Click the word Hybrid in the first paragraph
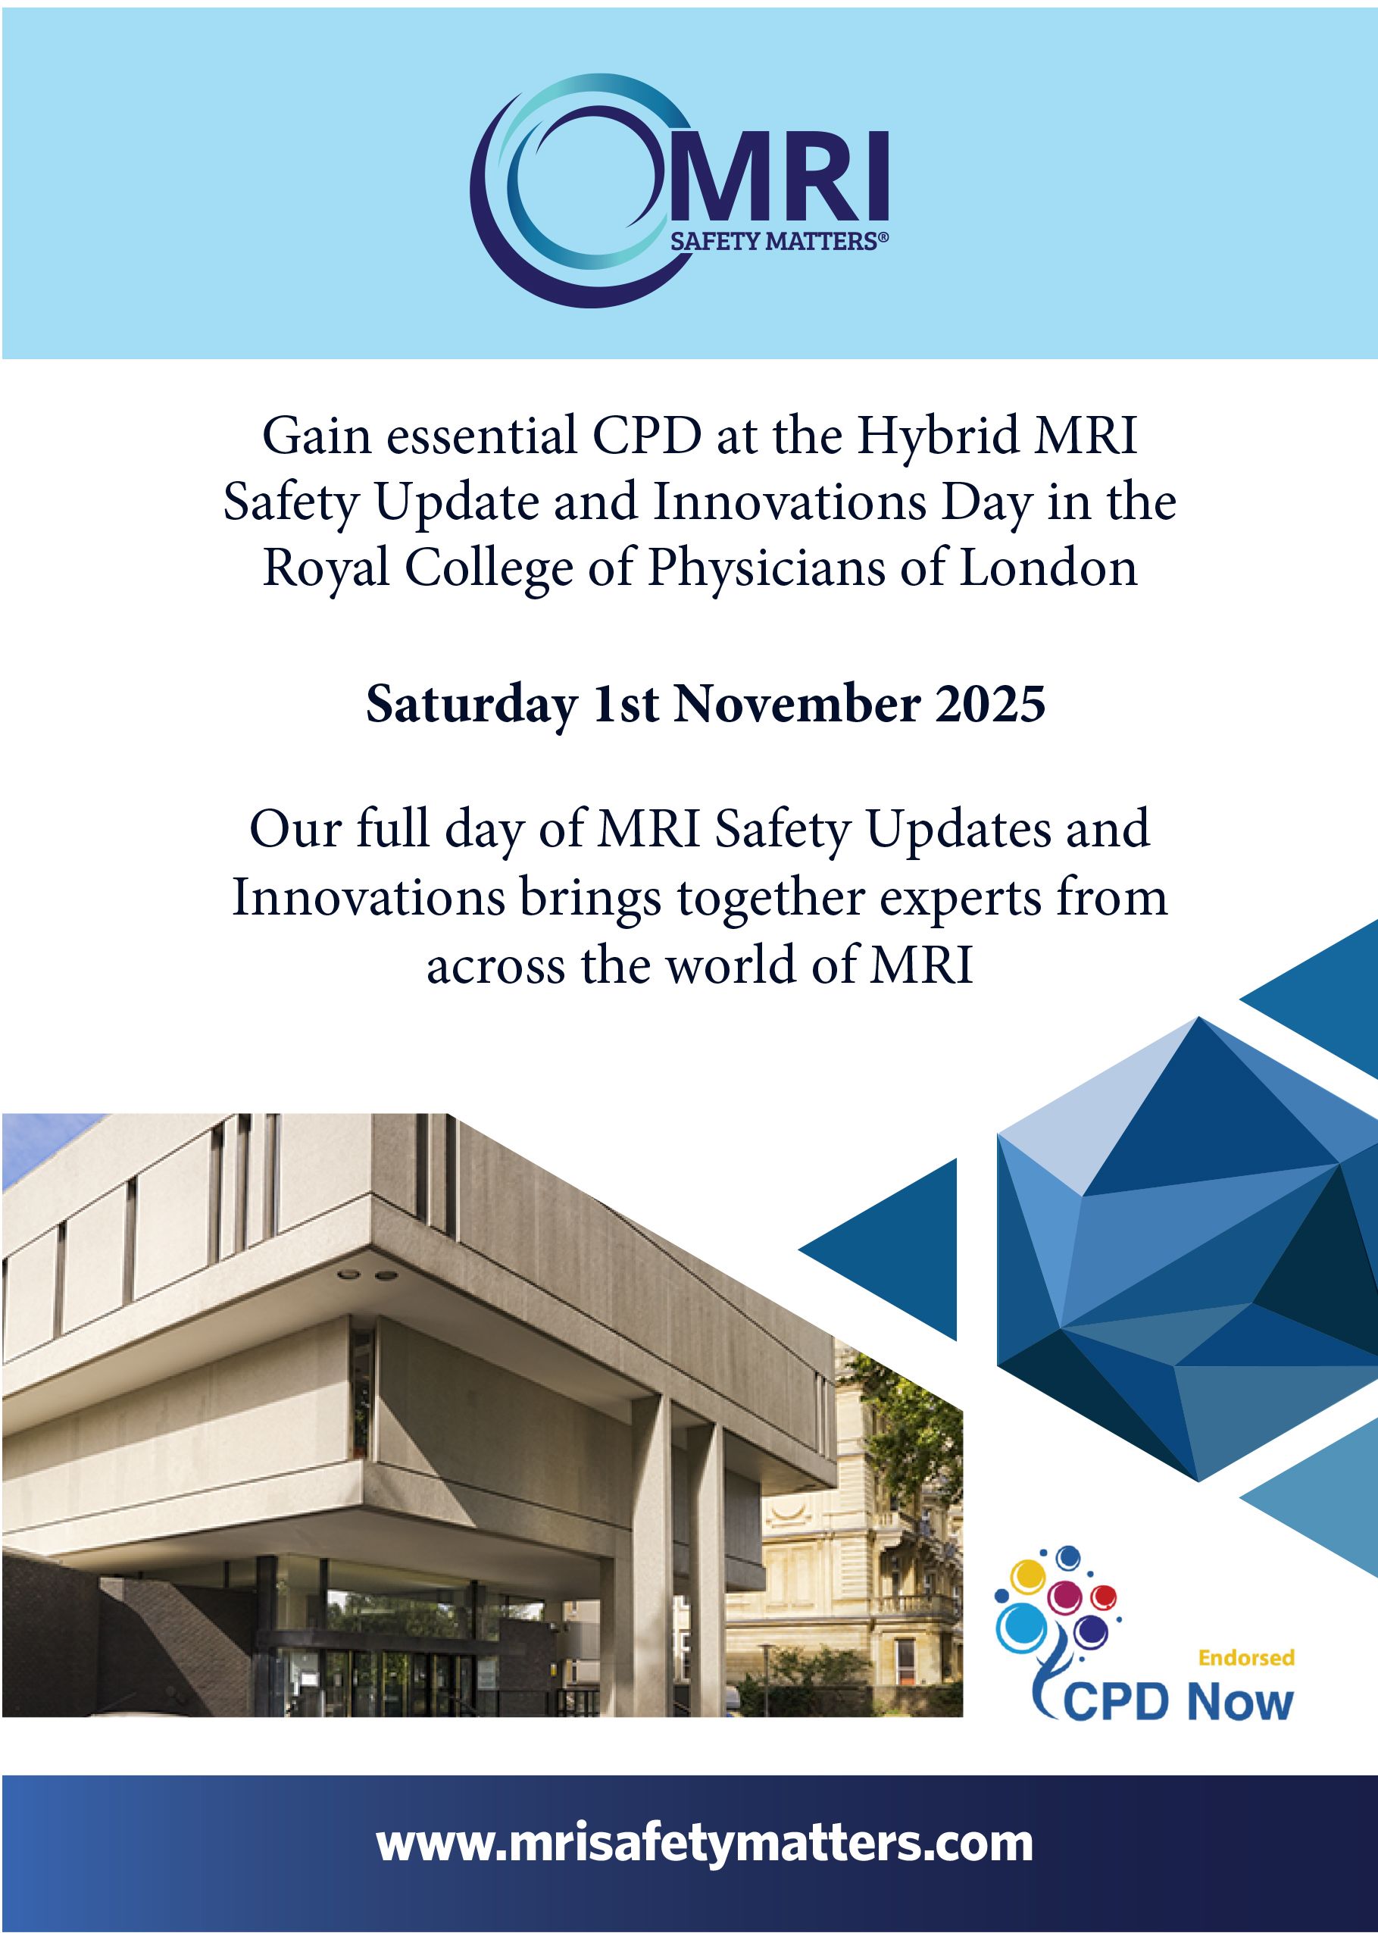[x=937, y=437]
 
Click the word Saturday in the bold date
[x=471, y=706]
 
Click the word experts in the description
[x=961, y=899]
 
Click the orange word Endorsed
[x=1245, y=1657]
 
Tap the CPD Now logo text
[x=1178, y=1701]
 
